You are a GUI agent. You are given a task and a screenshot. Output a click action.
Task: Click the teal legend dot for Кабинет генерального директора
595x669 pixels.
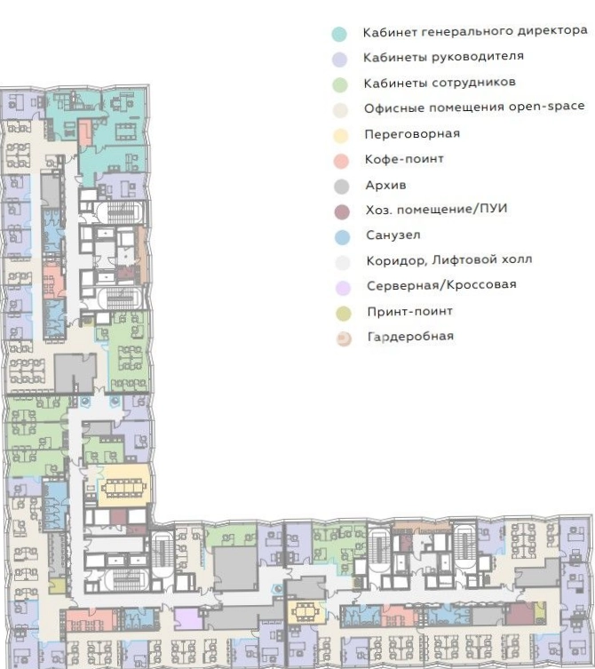tap(339, 34)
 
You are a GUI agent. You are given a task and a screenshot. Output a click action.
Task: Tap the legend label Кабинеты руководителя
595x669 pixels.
tap(443, 57)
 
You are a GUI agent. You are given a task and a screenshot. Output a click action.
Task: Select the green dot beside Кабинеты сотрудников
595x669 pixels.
tap(340, 84)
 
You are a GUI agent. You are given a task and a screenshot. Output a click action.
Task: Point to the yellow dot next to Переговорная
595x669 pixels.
tap(341, 136)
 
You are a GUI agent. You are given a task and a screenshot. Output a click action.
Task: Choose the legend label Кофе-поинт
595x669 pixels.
tap(404, 159)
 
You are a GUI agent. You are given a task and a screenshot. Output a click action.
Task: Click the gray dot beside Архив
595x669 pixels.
tap(342, 187)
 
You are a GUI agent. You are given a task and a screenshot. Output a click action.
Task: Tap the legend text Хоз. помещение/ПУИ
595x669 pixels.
tap(436, 209)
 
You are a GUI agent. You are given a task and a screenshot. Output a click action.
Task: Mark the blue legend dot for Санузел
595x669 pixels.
tap(342, 237)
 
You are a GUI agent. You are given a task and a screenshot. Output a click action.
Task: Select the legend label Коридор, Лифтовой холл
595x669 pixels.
tap(449, 259)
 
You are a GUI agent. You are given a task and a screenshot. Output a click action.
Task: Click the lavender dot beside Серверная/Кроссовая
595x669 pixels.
tap(343, 288)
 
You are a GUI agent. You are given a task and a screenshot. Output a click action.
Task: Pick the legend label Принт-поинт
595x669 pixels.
tap(410, 311)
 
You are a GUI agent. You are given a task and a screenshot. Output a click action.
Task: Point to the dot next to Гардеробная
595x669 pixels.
tap(344, 338)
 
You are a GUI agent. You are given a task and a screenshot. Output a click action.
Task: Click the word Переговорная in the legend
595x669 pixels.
tap(412, 134)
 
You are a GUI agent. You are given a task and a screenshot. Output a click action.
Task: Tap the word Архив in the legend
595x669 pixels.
tap(385, 185)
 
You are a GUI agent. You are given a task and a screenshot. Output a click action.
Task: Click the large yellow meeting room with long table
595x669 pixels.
tap(124, 486)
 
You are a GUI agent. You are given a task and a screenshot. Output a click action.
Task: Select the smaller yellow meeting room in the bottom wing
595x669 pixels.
tap(303, 612)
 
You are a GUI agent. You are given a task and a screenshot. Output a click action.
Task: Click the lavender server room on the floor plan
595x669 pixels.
tap(187, 618)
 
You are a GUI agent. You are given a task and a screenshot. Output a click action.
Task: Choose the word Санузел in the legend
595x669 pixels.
tap(393, 235)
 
